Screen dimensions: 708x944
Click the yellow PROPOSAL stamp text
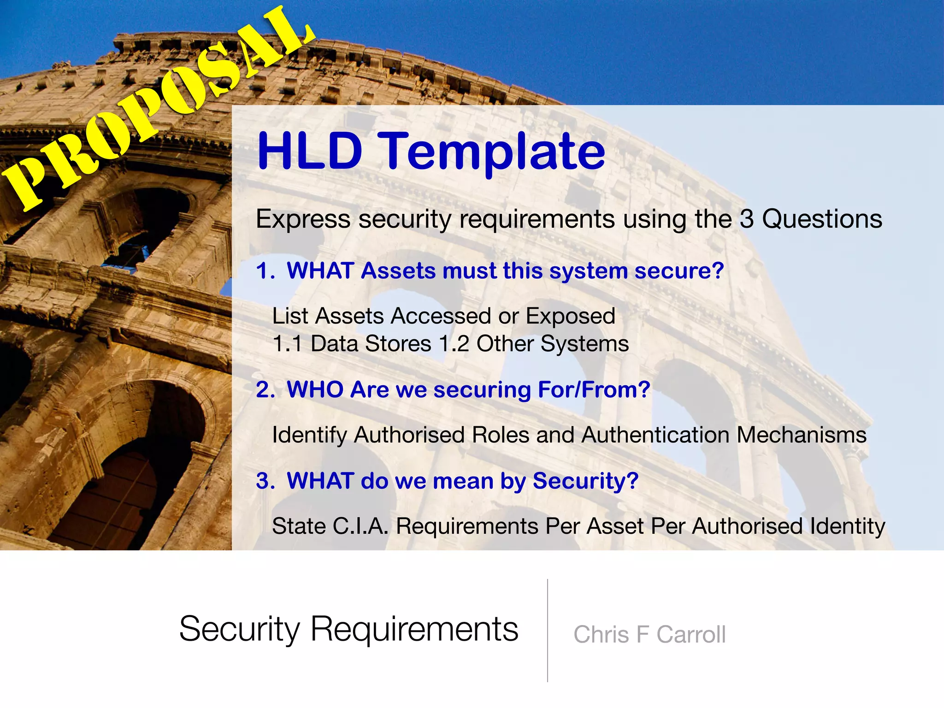coord(157,108)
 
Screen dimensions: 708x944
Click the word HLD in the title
coord(310,151)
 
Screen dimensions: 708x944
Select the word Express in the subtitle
coord(303,219)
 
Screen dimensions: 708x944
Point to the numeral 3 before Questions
coord(747,219)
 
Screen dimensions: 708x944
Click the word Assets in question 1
coord(398,271)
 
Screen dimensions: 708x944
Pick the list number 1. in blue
coord(265,271)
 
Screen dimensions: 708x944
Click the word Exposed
coord(570,316)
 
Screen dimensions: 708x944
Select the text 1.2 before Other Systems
coord(454,344)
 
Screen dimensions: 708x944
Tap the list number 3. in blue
coord(265,481)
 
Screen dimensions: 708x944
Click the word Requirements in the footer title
coord(414,629)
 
